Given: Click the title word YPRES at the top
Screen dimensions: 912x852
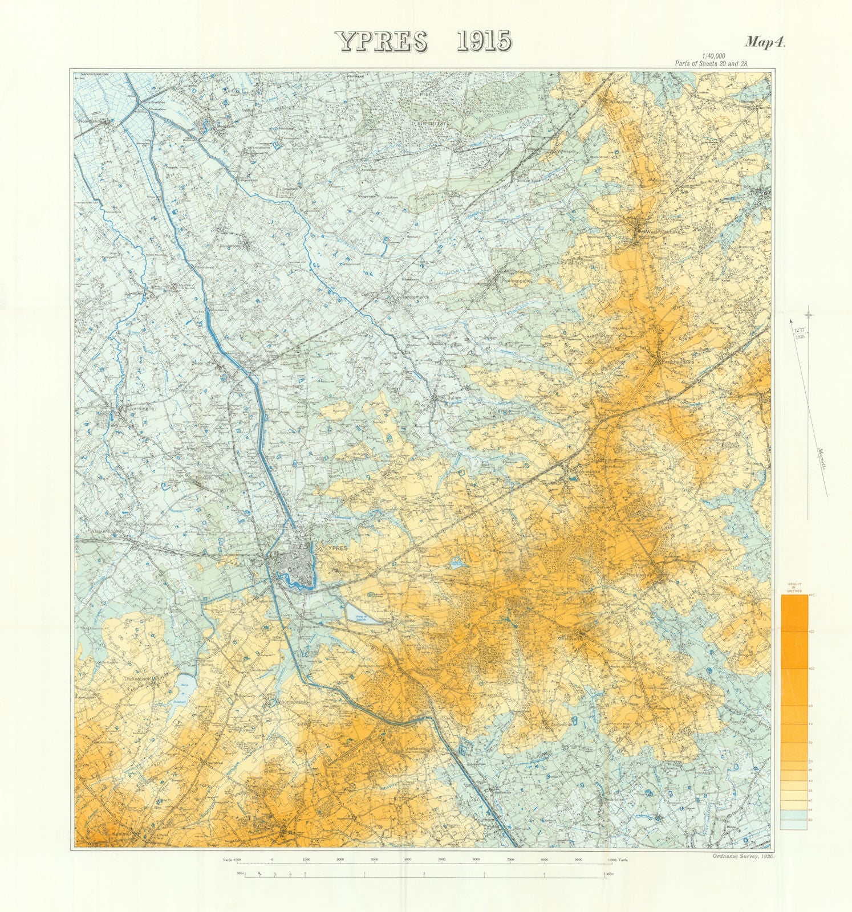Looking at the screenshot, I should click(x=386, y=42).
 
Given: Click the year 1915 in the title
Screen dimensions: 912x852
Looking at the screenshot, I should click(x=483, y=42).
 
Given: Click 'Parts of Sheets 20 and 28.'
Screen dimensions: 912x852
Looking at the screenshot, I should click(x=711, y=63).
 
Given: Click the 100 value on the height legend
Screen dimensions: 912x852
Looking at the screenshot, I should click(x=810, y=668).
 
